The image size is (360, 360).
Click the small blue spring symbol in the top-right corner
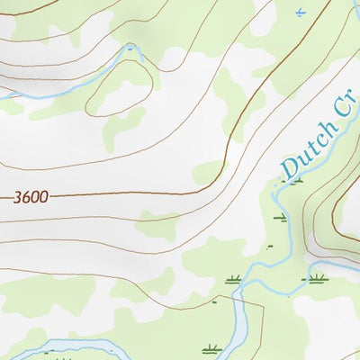[x=300, y=12]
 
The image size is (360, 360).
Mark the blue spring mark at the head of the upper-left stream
[x=131, y=49]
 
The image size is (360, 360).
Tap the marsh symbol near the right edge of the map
[x=316, y=279]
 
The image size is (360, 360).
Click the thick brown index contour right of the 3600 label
[x=135, y=193]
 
